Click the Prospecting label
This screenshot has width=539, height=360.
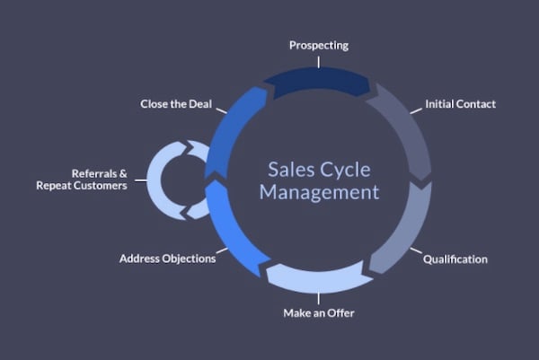(x=319, y=46)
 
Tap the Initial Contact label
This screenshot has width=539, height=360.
(x=460, y=104)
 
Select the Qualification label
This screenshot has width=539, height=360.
(x=455, y=259)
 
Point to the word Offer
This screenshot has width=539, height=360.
(x=340, y=313)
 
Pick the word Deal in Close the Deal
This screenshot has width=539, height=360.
(x=200, y=104)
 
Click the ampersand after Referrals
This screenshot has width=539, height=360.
(x=123, y=173)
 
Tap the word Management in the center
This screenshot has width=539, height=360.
(x=319, y=192)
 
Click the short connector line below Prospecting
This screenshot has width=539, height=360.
(x=319, y=62)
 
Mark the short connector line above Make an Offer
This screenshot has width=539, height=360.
(x=319, y=298)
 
